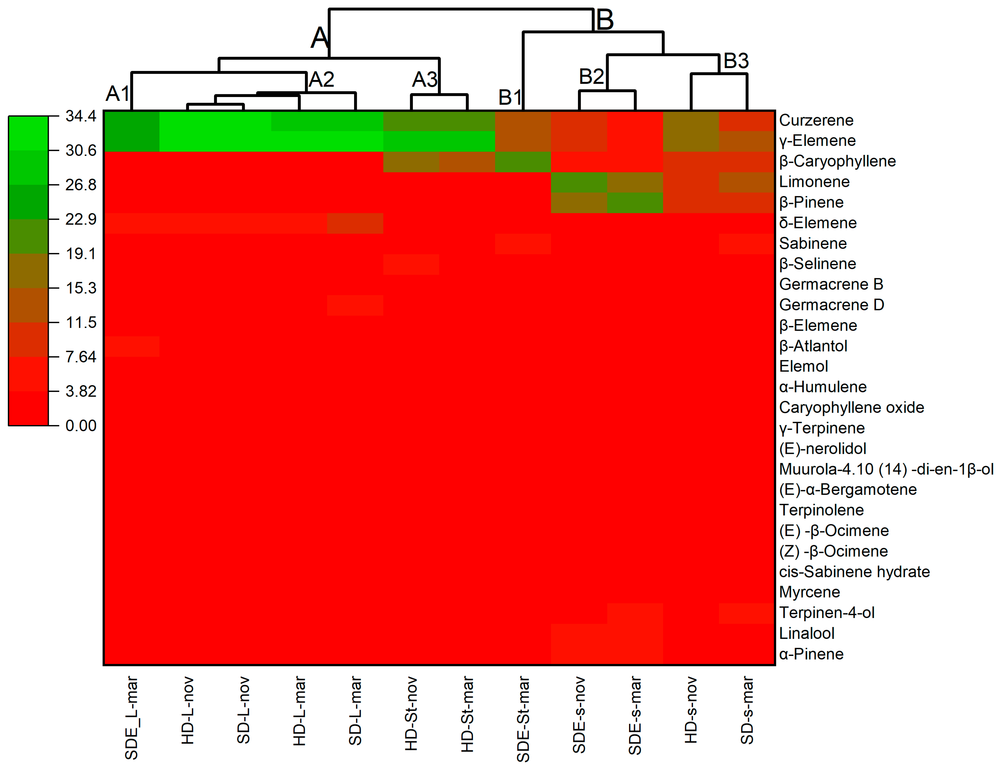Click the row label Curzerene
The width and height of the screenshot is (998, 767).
pyautogui.click(x=816, y=120)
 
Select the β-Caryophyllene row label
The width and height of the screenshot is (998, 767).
pyautogui.click(x=837, y=161)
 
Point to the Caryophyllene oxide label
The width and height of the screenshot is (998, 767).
pyautogui.click(x=851, y=407)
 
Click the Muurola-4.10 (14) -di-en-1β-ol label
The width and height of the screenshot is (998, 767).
pyautogui.click(x=885, y=469)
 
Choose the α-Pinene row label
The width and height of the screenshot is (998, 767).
pyautogui.click(x=811, y=654)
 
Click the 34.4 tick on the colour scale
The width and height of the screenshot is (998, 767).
pyautogui.click(x=81, y=116)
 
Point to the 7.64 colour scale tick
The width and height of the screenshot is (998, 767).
pyautogui.click(x=81, y=357)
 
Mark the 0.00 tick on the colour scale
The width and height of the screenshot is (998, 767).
pyautogui.click(x=81, y=426)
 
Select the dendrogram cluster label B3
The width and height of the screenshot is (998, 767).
pyautogui.click(x=736, y=61)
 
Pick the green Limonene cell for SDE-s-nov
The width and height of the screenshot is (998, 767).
pyautogui.click(x=579, y=182)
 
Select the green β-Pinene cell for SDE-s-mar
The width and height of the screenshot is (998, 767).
pyautogui.click(x=635, y=203)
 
